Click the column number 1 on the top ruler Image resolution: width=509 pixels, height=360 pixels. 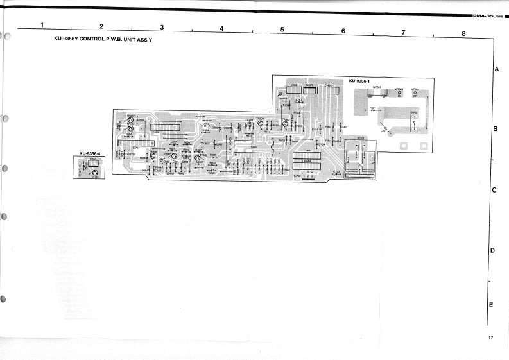pos(42,25)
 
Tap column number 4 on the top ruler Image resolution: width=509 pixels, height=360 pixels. pos(221,28)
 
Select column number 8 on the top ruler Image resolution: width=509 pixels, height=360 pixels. pos(463,33)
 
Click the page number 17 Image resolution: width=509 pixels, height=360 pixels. pos(490,338)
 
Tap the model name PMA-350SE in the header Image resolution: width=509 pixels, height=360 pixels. pos(487,15)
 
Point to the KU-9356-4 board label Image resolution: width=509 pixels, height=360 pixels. pos(89,153)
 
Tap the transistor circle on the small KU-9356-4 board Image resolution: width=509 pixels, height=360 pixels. pos(94,165)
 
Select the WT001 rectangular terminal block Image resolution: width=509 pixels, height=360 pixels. pos(374,92)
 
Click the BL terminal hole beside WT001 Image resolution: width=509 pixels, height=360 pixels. pos(399,93)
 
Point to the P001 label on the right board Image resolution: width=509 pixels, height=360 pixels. pos(373,109)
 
